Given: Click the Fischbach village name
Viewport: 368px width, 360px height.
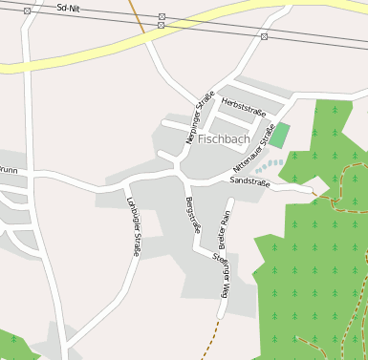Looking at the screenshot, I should (x=224, y=139).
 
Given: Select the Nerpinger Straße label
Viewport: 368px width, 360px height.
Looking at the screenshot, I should (x=200, y=117).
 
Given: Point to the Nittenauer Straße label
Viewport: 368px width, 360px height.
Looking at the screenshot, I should (x=254, y=147).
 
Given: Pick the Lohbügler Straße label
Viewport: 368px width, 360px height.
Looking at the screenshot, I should (x=133, y=225).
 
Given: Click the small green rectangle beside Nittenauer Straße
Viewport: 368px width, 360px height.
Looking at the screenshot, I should (x=279, y=135).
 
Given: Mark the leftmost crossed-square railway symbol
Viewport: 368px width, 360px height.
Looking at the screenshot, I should (x=27, y=11).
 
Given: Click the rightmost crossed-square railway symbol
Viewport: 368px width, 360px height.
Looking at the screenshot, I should (x=264, y=36).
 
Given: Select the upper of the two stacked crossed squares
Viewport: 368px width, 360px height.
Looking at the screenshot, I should (x=162, y=17).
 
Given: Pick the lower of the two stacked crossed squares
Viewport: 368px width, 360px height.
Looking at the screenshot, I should (x=161, y=26).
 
